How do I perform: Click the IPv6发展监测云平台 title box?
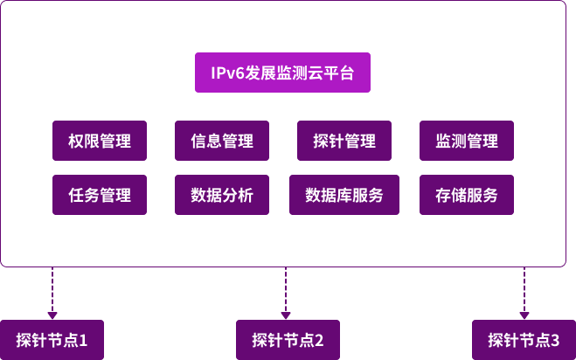click(282, 73)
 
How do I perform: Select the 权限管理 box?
click(100, 141)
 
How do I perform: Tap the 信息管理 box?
click(222, 141)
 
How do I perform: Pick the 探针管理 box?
click(344, 141)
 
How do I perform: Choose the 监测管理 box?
click(467, 141)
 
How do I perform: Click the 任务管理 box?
click(100, 195)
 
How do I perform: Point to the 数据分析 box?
click(222, 195)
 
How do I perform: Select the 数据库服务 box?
click(344, 195)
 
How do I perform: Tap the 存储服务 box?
click(467, 195)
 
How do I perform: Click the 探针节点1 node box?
click(52, 340)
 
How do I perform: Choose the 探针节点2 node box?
click(288, 340)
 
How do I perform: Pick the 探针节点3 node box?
click(524, 340)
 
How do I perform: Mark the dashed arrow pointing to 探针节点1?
click(52, 293)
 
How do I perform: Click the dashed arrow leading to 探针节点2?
click(286, 293)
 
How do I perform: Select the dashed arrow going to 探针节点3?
click(524, 293)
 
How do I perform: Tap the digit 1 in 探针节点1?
click(84, 340)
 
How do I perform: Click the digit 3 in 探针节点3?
click(556, 340)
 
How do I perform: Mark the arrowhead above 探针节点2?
click(286, 315)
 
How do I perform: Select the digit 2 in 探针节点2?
click(320, 340)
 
